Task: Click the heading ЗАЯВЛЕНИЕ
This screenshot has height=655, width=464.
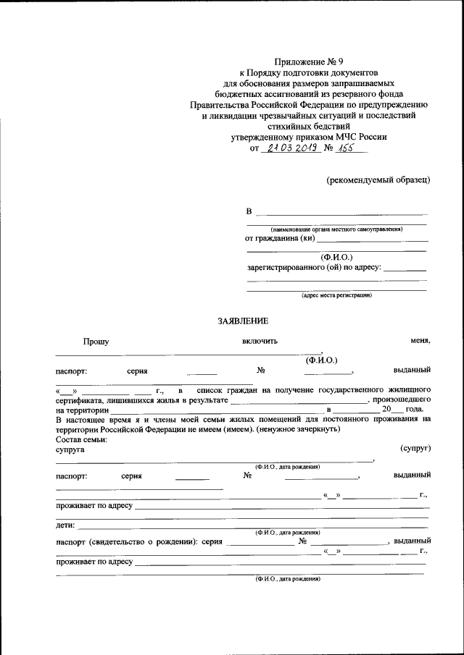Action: (x=243, y=321)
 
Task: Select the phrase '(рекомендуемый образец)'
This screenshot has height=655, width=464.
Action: (x=378, y=179)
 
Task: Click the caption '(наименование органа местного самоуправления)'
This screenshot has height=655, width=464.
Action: (x=336, y=229)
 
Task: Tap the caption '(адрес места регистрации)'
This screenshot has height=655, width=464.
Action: (x=336, y=295)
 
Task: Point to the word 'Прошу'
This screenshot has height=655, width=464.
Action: (x=95, y=342)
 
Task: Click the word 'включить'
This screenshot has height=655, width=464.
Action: (x=260, y=342)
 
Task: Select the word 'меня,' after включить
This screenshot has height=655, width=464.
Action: (x=420, y=342)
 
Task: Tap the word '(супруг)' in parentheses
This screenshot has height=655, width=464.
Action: (x=415, y=449)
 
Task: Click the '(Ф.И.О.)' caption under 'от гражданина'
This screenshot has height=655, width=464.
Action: (x=336, y=257)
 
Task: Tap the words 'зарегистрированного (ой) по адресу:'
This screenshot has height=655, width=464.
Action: (x=313, y=268)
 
